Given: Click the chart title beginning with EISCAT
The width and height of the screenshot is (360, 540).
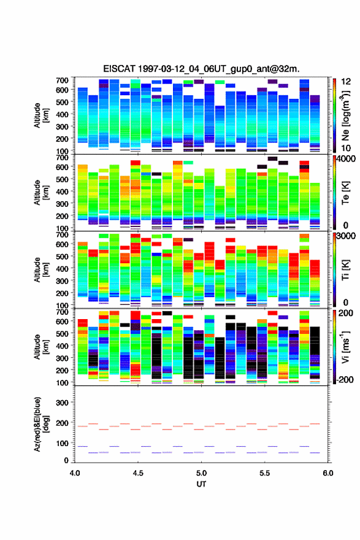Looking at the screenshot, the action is (201, 69).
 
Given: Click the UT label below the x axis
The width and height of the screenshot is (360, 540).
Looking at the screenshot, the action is (201, 484).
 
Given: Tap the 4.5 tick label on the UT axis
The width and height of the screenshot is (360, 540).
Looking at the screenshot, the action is (138, 473).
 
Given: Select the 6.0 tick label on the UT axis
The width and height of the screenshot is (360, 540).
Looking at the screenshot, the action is (327, 473).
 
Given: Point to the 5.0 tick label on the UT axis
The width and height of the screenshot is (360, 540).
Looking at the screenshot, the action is (201, 473).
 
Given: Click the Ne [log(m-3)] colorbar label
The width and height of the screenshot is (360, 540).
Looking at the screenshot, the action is (345, 116).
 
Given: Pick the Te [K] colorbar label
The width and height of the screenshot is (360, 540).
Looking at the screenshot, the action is (345, 193).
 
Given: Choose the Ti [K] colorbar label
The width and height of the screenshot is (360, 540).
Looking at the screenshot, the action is (345, 269).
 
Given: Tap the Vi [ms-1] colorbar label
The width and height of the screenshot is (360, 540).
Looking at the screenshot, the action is (345, 347).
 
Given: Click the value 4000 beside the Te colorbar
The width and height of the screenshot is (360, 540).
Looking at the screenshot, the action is (346, 160).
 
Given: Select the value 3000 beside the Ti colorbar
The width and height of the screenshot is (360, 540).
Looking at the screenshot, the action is (346, 236).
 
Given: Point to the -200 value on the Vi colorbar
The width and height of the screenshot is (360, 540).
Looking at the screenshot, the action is (345, 379).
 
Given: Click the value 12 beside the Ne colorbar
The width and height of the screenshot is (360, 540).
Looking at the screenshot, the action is (345, 82).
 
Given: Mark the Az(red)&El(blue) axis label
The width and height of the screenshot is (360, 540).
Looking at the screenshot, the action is (40, 424).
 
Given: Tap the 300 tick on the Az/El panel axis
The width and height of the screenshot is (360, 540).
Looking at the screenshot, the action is (63, 403).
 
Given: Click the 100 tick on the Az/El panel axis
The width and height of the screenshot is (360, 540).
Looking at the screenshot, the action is (63, 443).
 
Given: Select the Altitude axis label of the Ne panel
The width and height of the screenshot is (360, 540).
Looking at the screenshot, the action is (40, 115).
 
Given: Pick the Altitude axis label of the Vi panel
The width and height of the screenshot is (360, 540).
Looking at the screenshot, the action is (40, 347).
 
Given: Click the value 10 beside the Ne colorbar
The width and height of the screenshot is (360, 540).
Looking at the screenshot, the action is (345, 148).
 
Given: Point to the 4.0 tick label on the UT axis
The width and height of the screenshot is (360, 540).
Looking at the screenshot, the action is (75, 473).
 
